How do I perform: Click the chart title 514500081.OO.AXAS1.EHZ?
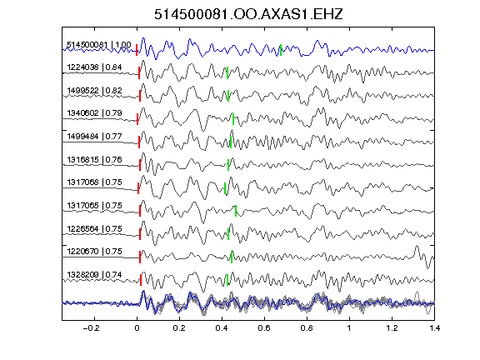248,14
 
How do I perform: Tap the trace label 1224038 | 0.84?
94,67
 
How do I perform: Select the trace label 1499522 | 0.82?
94,91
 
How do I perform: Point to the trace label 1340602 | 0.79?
94,113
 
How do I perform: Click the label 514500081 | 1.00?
99,45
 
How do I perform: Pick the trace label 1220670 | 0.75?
94,252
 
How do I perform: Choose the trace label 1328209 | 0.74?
94,275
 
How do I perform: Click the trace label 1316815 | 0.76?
94,159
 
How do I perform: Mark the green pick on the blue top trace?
281,50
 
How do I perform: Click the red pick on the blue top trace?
137,50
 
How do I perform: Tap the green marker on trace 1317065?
235,211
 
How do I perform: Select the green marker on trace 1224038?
227,72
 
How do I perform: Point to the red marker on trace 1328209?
141,280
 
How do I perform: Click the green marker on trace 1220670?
232,257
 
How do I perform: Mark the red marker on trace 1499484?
139,142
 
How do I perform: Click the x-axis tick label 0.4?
222,328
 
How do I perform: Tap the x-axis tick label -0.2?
92,328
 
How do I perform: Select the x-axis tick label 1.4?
434,328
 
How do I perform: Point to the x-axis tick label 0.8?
307,328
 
